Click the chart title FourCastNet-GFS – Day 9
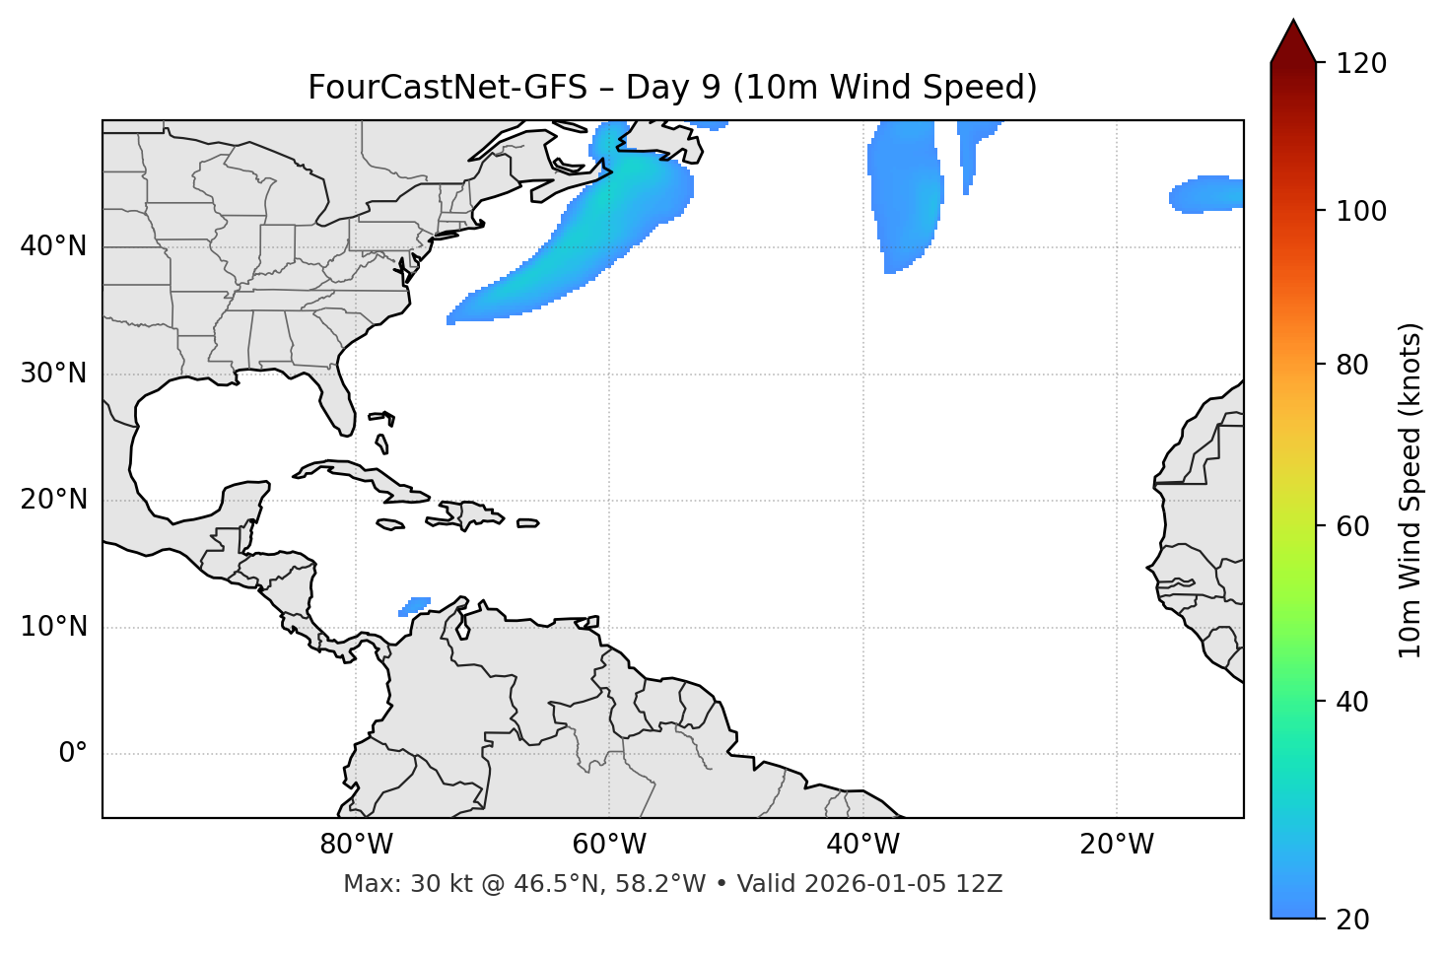[x=672, y=88]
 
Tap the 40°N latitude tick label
[x=53, y=245]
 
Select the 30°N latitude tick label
[x=53, y=374]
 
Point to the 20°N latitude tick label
[x=53, y=500]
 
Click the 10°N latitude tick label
[x=53, y=627]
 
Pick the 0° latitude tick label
[x=72, y=754]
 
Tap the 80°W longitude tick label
[x=356, y=845]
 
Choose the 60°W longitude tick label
[x=609, y=845]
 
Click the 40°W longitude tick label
[x=862, y=845]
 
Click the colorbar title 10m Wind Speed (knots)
[x=1411, y=490]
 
